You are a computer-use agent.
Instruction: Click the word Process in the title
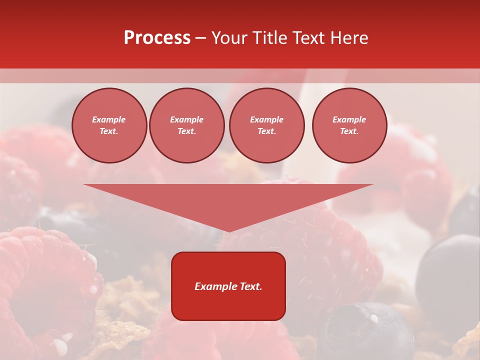point(157,38)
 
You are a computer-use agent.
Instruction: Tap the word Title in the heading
point(267,38)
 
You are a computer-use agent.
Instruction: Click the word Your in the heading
point(228,38)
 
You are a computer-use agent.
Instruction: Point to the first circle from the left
point(109,125)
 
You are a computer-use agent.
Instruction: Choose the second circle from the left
point(187,125)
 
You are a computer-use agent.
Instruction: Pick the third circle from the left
point(266,125)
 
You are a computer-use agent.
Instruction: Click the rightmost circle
point(349,125)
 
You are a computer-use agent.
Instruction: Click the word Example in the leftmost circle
point(109,120)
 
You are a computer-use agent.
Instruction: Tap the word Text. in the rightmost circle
point(349,131)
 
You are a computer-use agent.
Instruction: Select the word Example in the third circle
point(266,120)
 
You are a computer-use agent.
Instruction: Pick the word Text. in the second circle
point(187,131)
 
